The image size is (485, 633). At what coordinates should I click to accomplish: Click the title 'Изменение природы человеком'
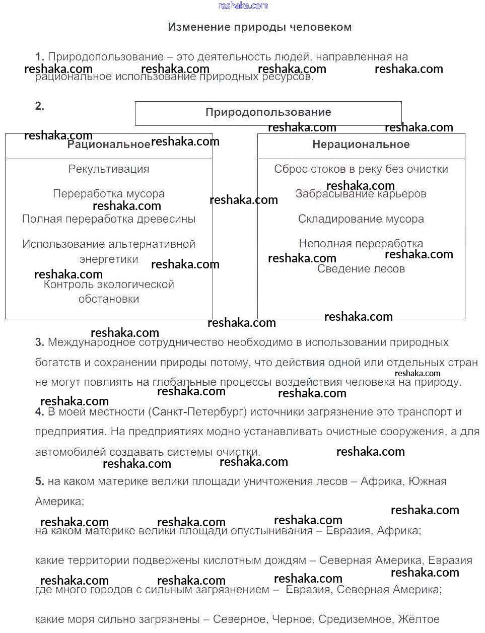pos(259,27)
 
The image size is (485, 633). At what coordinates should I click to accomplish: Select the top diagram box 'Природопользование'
pos(268,112)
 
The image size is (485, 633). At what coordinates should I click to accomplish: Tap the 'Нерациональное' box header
pos(361,145)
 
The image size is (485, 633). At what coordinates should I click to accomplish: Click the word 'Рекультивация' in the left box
pos(109,169)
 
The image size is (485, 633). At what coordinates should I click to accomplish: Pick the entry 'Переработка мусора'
pos(109,194)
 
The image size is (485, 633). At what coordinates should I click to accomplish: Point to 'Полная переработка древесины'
pos(109,219)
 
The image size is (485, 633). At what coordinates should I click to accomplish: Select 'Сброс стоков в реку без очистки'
pos(361,169)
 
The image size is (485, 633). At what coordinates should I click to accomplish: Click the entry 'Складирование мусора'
pos(361,219)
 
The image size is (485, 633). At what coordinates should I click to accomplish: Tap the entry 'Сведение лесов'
pos(361,269)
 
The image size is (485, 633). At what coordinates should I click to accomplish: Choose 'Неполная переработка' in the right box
pos(361,244)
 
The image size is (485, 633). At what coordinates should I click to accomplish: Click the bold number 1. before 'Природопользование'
pos(40,57)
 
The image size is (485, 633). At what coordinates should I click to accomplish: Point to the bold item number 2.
pos(40,106)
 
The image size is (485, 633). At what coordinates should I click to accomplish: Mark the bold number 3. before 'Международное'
pos(40,342)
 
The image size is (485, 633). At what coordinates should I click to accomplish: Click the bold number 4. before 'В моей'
pos(40,412)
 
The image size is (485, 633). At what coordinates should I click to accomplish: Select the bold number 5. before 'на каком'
pos(40,481)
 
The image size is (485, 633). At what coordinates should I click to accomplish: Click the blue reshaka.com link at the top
pos(243,6)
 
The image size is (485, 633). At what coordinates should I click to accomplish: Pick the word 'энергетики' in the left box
pos(109,259)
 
